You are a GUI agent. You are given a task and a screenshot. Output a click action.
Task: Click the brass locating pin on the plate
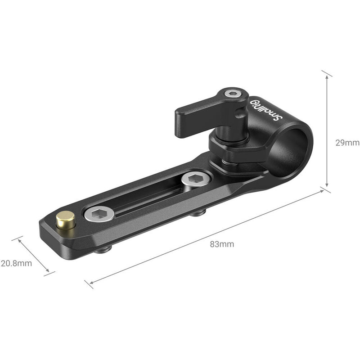click(x=66, y=219)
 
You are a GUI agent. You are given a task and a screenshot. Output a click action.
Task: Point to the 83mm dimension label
click(x=222, y=244)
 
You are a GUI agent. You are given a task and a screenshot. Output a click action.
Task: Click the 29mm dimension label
click(x=347, y=143)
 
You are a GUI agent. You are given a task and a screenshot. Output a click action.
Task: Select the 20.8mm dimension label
click(x=16, y=263)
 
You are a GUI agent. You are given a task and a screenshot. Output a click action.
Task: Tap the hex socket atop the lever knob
click(x=232, y=94)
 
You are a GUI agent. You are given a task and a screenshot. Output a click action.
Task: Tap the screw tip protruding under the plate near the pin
click(x=103, y=249)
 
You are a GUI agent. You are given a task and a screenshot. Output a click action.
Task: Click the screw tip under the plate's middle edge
click(x=197, y=212)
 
